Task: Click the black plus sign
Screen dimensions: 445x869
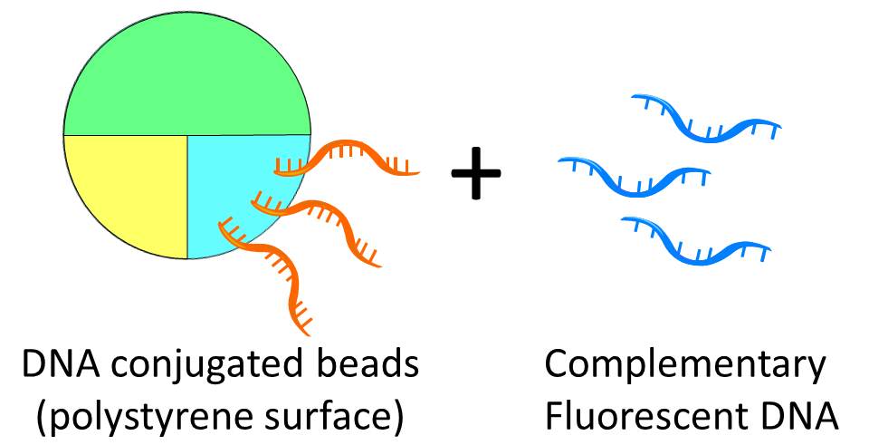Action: click(476, 174)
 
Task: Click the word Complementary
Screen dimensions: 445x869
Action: click(685, 367)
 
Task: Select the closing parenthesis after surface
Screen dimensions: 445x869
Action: click(396, 416)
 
